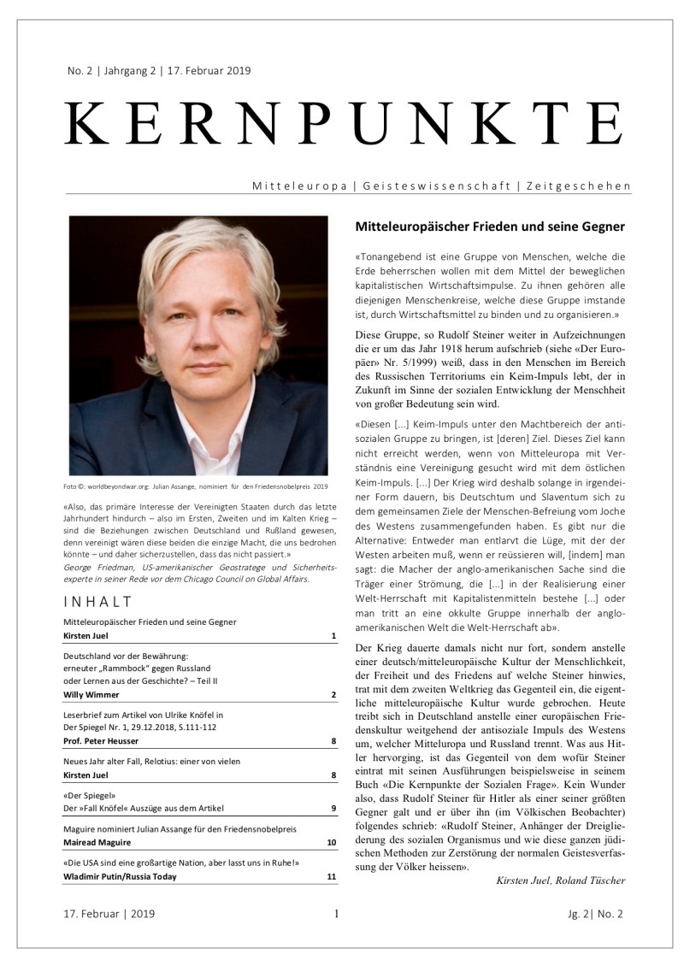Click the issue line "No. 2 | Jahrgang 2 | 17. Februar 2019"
pos(159,71)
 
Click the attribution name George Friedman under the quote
pos(97,567)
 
